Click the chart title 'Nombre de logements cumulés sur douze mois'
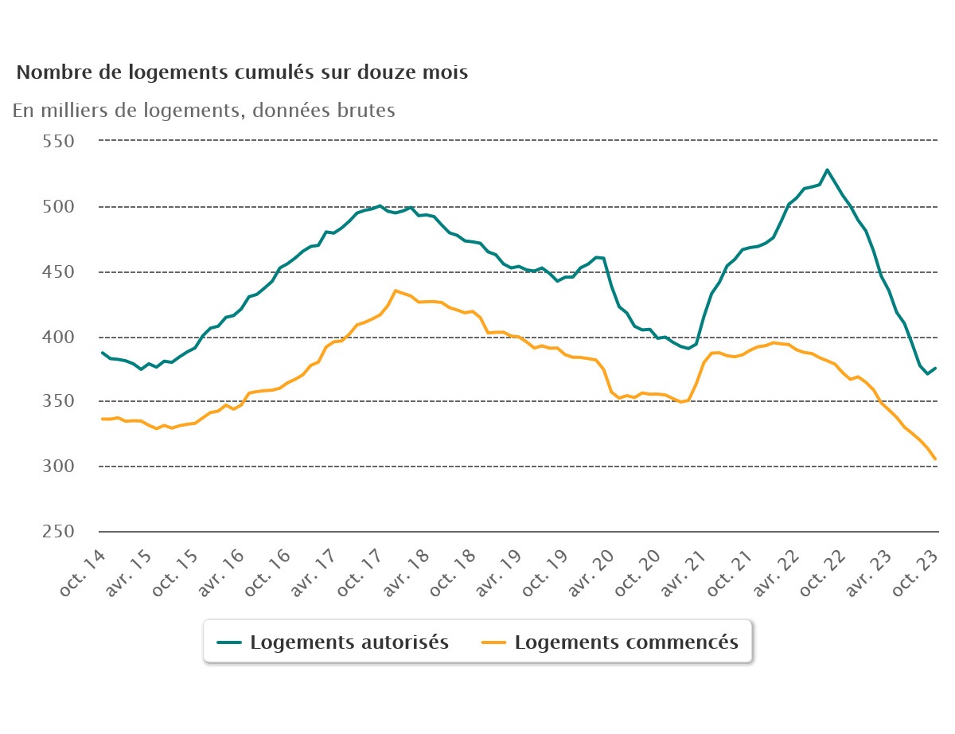click(x=242, y=72)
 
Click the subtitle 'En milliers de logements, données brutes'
click(x=204, y=111)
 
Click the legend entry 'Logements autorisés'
click(x=349, y=642)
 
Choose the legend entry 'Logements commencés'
click(x=626, y=642)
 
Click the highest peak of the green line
click(x=828, y=170)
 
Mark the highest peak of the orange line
click(x=396, y=291)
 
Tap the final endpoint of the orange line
click(x=936, y=459)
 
